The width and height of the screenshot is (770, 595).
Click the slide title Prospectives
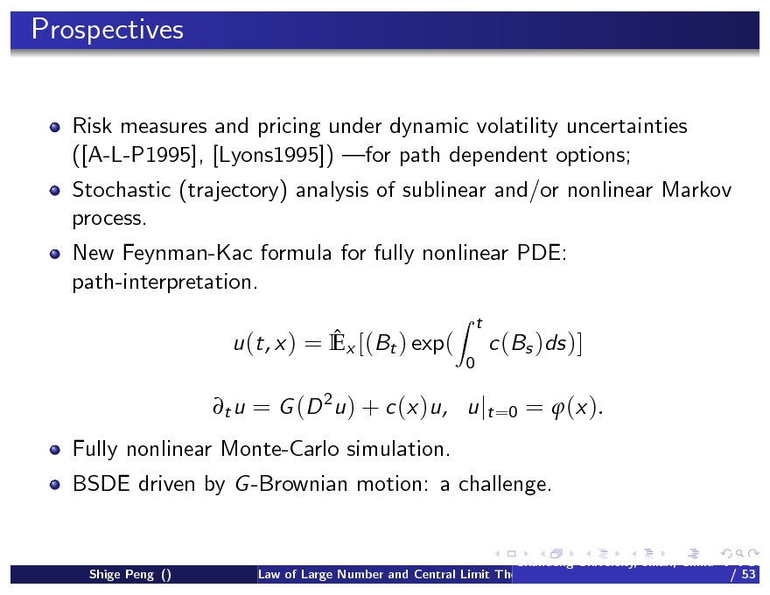[108, 30]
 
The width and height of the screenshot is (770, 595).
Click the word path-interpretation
[165, 282]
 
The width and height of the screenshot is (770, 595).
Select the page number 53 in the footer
[746, 575]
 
